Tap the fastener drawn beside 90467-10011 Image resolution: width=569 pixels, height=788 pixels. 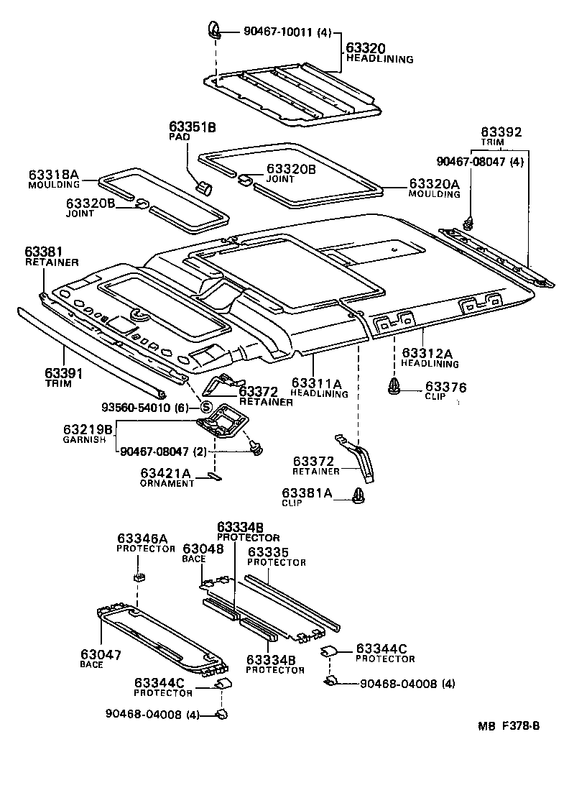[x=214, y=30]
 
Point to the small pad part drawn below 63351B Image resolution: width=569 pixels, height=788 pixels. [x=205, y=188]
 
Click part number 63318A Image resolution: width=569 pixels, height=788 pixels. [x=53, y=175]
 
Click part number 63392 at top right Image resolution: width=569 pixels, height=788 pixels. [x=501, y=132]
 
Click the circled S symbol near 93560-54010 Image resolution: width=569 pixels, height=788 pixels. [x=204, y=408]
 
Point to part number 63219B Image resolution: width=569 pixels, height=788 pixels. [x=88, y=430]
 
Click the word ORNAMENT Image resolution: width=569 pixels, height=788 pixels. [x=167, y=483]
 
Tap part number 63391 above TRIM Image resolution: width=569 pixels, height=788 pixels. [x=64, y=373]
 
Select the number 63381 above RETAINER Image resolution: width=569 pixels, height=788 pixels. [x=45, y=252]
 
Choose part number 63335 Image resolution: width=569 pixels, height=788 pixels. [x=268, y=551]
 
